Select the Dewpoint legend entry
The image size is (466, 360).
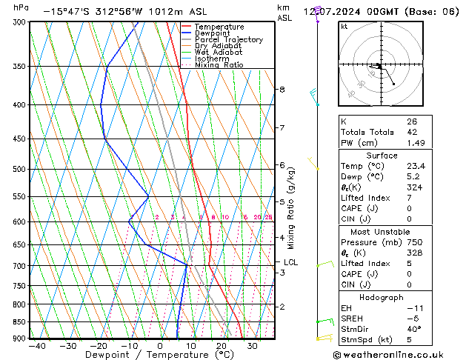[x=214, y=33]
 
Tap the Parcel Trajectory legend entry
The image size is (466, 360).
[x=228, y=40]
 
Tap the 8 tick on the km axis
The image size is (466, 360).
[x=282, y=90]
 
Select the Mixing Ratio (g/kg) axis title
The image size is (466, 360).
[x=291, y=208]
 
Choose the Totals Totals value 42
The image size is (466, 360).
[x=411, y=132]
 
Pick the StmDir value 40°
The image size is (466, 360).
[x=413, y=329]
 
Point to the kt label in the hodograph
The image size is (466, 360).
[x=344, y=27]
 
